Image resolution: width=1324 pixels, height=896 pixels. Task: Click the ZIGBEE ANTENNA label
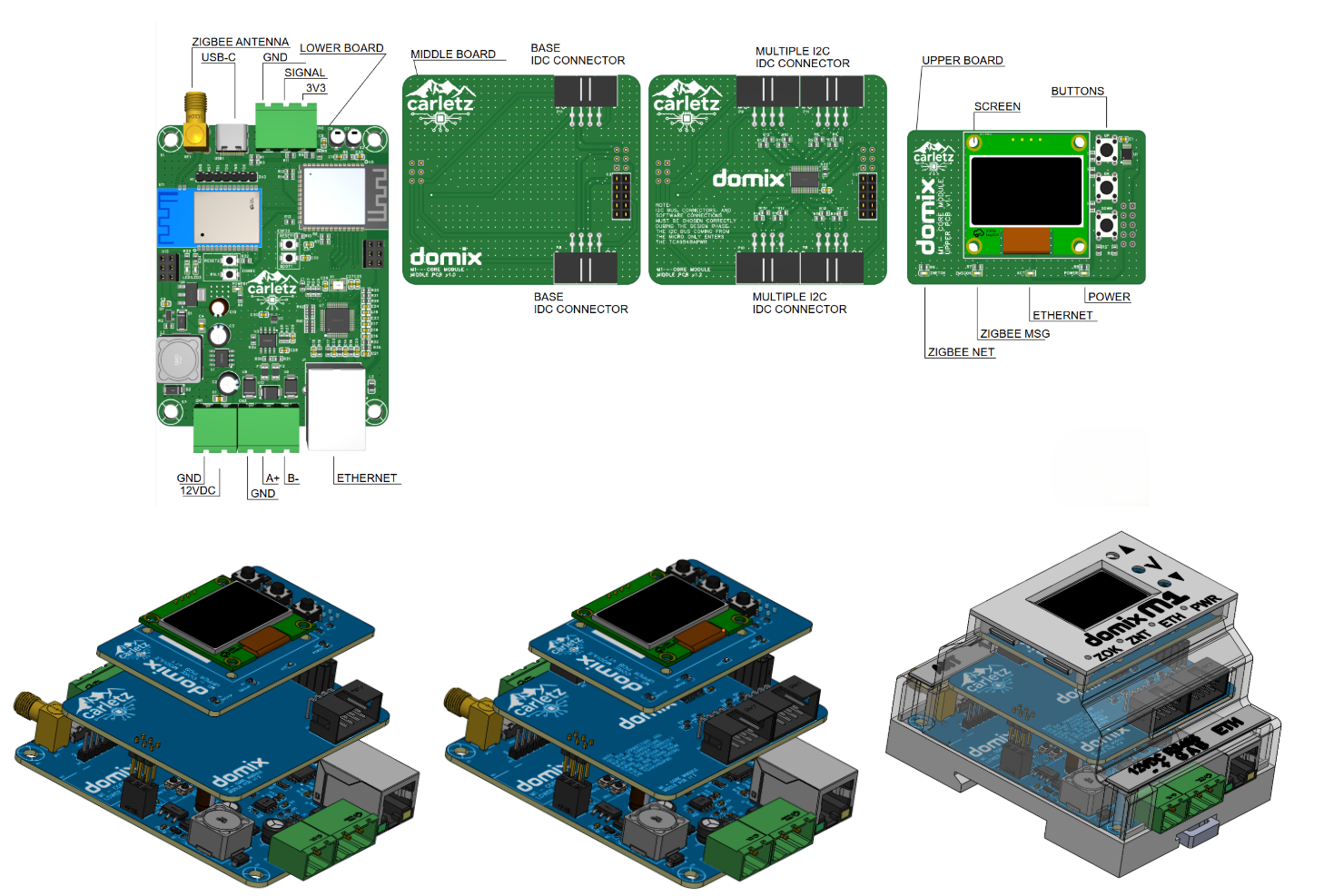240,42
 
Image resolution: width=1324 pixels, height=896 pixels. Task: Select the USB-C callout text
218,57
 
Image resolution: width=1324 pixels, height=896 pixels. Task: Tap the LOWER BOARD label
341,48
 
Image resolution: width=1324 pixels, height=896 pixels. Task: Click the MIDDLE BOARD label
453,54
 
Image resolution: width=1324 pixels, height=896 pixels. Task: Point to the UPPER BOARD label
963,61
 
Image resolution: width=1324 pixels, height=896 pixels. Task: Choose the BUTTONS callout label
1077,92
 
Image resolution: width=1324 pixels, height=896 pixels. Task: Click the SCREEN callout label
997,107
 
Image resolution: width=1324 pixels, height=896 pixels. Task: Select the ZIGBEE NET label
961,352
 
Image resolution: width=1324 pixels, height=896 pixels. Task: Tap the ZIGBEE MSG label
1014,334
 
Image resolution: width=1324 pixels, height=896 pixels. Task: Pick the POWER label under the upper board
1109,297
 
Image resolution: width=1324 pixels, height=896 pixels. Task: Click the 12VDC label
198,491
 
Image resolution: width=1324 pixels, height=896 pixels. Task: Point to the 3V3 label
315,88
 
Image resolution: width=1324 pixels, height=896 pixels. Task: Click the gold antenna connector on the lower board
195,123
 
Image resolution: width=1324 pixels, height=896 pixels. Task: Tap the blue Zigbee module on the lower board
210,218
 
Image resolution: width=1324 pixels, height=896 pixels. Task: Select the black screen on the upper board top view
1027,191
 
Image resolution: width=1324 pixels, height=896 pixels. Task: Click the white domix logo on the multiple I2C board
748,179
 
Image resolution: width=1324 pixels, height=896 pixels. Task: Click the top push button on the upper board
1106,148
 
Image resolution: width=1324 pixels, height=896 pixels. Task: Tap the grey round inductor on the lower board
179,359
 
